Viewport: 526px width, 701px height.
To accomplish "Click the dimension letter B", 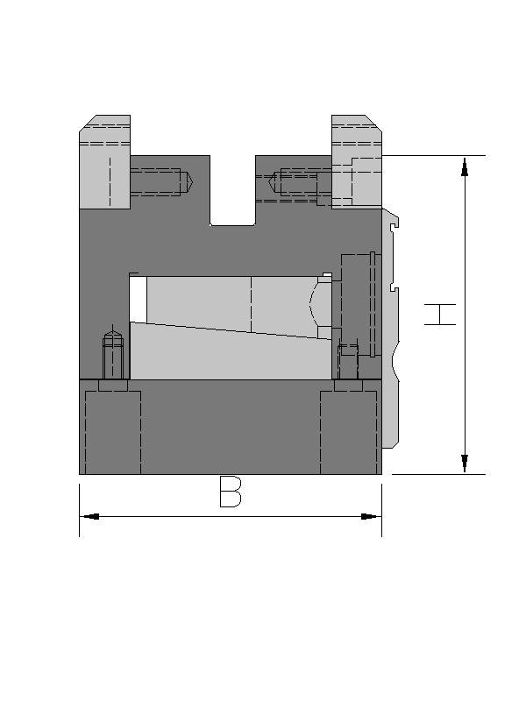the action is [x=231, y=492].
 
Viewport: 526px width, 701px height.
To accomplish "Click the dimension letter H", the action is [x=440, y=315].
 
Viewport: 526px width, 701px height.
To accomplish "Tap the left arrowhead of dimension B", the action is [x=90, y=517].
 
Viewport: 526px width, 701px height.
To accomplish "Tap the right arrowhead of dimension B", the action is [x=371, y=517].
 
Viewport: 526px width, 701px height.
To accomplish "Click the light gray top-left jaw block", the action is [x=104, y=162].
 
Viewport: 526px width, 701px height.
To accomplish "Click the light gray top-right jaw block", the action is [x=357, y=162].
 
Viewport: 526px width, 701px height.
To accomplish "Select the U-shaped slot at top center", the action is [x=232, y=190].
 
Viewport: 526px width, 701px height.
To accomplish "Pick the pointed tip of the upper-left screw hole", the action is [x=192, y=182].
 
